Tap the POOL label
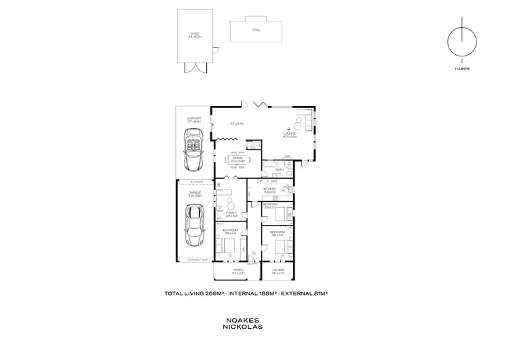257,31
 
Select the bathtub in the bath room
269,166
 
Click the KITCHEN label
269,189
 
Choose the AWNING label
277,270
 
